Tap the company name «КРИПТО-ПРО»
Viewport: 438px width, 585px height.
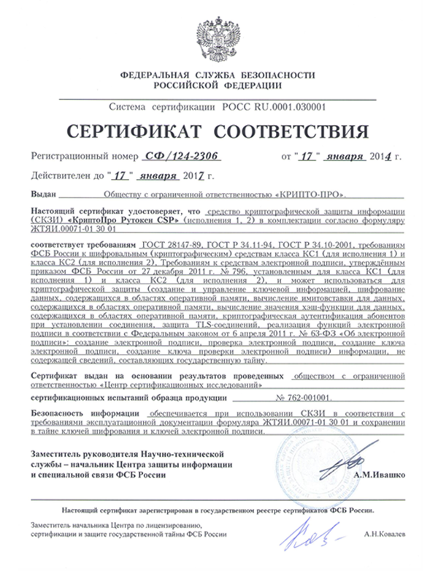pyautogui.click(x=310, y=196)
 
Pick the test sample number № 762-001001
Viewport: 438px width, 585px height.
pyautogui.click(x=303, y=399)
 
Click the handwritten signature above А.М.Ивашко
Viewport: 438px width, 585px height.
pyautogui.click(x=353, y=458)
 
